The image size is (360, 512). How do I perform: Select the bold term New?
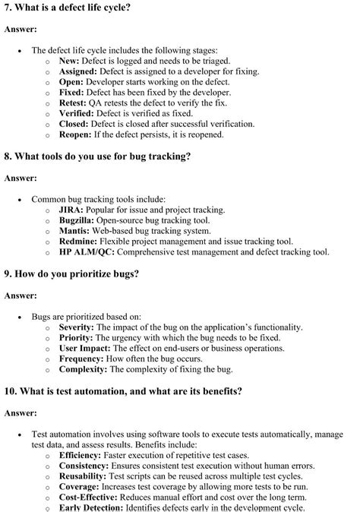tap(69, 60)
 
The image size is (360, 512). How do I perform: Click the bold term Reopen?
tap(76, 134)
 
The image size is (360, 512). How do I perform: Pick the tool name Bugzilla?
tap(77, 220)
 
